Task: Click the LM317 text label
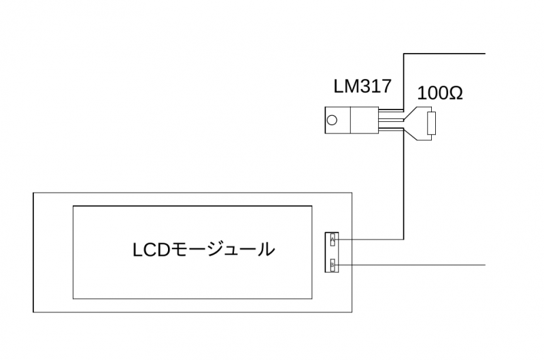pyautogui.click(x=362, y=86)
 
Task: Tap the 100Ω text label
pyautogui.click(x=439, y=93)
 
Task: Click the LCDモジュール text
pyautogui.click(x=203, y=250)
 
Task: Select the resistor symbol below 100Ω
pyautogui.click(x=430, y=125)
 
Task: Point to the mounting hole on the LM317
pyautogui.click(x=332, y=121)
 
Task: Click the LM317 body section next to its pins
pyautogui.click(x=361, y=121)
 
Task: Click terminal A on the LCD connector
pyautogui.click(x=333, y=240)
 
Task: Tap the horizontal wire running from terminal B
pyautogui.click(x=422, y=264)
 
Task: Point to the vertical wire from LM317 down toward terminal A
pyautogui.click(x=405, y=191)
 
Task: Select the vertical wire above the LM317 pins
pyautogui.click(x=405, y=78)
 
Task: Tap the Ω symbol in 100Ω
pyautogui.click(x=456, y=93)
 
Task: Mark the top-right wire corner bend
pyautogui.click(x=405, y=52)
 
